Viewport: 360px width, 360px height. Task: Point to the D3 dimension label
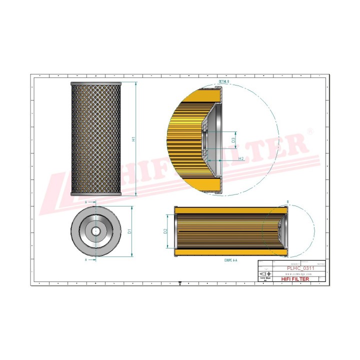pos(233,140)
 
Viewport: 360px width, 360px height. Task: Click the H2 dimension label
pos(240,158)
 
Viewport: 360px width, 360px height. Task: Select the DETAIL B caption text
pos(223,80)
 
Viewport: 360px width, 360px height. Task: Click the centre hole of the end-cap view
pos(96,231)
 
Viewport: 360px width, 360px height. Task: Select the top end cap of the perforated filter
pos(96,83)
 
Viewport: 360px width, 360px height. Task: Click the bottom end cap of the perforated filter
pos(96,194)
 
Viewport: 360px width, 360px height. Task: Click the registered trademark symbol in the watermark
pos(310,131)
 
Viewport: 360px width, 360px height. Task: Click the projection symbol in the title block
pos(264,274)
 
